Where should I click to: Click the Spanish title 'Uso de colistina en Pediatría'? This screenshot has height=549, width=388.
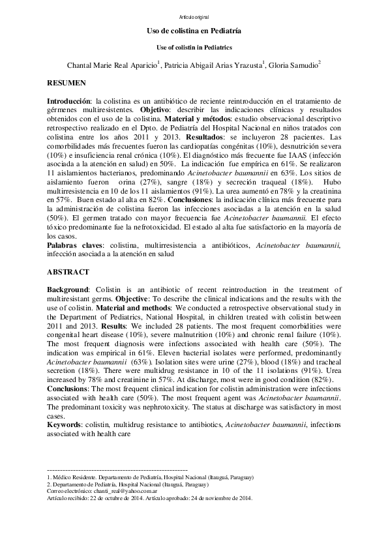click(x=194, y=31)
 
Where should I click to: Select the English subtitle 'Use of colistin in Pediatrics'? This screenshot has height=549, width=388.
click(x=194, y=48)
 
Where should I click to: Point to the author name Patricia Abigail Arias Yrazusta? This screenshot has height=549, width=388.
click(x=213, y=65)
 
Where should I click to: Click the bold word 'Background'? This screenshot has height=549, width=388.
click(x=68, y=289)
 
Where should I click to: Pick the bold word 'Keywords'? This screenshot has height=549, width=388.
click(x=64, y=424)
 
